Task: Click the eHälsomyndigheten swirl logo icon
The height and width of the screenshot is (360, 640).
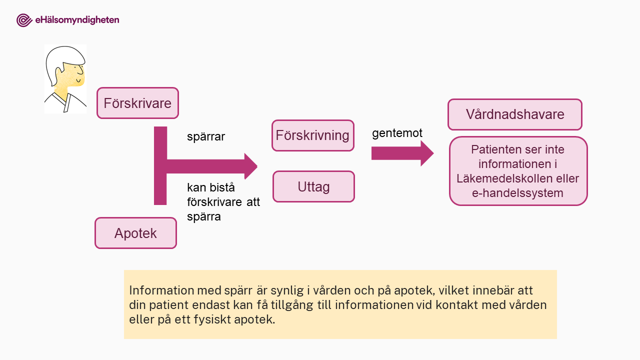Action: [24, 20]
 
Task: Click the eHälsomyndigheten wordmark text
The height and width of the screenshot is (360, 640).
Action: [77, 20]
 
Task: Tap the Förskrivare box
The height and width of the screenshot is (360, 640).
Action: [137, 103]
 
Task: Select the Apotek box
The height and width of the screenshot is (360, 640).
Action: [135, 233]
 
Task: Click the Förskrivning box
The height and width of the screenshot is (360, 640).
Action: [313, 135]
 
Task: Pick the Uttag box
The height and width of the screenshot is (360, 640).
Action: [313, 186]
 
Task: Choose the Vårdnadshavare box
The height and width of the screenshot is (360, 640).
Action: [515, 114]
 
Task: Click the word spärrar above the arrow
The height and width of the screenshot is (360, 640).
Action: [206, 136]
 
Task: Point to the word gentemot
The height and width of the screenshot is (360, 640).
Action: [397, 133]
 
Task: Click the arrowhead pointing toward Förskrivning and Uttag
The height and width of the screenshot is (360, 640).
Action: [251, 166]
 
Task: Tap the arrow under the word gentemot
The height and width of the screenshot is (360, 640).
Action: [402, 153]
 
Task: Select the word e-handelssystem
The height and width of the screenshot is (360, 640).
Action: [517, 193]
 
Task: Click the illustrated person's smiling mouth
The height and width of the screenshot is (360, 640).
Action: [78, 80]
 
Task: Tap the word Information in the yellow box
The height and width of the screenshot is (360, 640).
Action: [161, 290]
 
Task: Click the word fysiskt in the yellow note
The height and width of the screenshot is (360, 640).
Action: [212, 319]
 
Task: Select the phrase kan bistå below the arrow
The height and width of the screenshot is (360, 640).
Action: [211, 187]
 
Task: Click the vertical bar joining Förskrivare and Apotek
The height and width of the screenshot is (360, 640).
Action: [160, 165]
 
